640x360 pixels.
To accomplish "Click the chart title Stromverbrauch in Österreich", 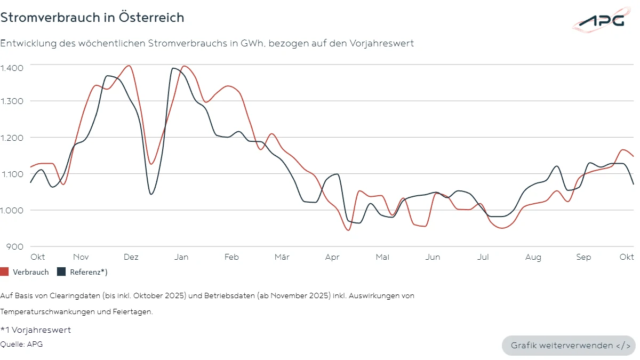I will [92, 18].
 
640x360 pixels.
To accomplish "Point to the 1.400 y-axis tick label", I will [12, 67].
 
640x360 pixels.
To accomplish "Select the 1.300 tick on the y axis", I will [12, 101].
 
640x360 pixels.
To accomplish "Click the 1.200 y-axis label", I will [12, 138].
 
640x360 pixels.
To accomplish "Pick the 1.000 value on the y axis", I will [12, 210].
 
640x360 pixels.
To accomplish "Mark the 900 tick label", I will [14, 246].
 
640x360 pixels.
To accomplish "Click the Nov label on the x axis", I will [81, 257].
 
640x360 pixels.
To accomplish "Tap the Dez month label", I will [131, 257].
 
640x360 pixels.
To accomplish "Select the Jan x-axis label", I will [181, 257].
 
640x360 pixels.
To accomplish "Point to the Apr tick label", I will [332, 257].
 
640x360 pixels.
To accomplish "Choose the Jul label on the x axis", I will [483, 257].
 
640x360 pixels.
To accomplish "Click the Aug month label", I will [533, 257].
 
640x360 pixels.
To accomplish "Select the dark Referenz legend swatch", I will [61, 272].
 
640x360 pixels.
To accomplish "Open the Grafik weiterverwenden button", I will [569, 346].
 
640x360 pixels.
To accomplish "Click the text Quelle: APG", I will [21, 344].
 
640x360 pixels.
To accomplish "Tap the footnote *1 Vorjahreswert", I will [35, 330].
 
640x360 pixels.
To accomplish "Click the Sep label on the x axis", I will [583, 257].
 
